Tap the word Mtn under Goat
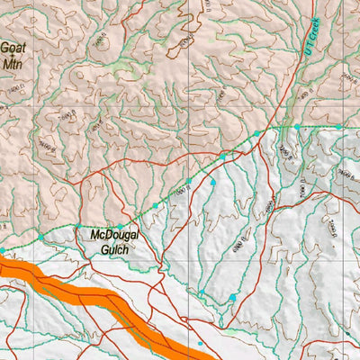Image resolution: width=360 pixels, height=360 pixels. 13,64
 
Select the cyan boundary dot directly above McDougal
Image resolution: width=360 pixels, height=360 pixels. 119,227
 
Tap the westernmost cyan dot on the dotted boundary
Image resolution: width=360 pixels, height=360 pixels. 3,249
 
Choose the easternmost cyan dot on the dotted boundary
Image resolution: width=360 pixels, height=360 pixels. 338,127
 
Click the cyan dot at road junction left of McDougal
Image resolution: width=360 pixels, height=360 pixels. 77,227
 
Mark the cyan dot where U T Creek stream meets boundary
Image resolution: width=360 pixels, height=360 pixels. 294,127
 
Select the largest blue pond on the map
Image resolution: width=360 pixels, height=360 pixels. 233,297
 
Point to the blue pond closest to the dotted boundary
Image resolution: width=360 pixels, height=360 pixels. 213,183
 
